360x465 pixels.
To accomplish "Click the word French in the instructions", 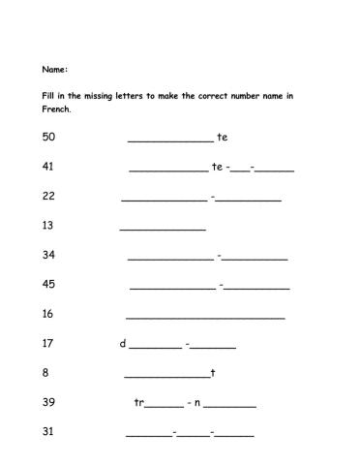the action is click(x=56, y=109).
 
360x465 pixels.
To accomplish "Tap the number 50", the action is click(x=49, y=137).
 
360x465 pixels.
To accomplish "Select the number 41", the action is click(x=49, y=167).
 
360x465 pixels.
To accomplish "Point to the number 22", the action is click(x=49, y=196).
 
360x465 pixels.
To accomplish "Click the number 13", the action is click(x=49, y=226).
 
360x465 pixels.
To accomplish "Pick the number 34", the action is click(x=49, y=255).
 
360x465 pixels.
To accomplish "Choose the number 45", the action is click(x=49, y=284).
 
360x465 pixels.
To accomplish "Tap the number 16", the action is click(x=49, y=313).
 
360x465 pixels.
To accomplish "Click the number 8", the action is click(x=46, y=372).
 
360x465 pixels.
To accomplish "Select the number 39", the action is click(x=49, y=402).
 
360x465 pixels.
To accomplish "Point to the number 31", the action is click(x=49, y=431).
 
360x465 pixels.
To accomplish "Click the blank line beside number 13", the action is click(x=163, y=229).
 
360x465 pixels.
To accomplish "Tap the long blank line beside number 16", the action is click(x=205, y=317).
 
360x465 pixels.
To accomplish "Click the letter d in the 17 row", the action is click(x=123, y=343).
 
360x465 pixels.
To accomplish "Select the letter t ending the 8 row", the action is click(x=213, y=373).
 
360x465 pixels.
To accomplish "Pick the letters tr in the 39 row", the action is click(x=139, y=402).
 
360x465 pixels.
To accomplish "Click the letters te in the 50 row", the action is click(x=223, y=138).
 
